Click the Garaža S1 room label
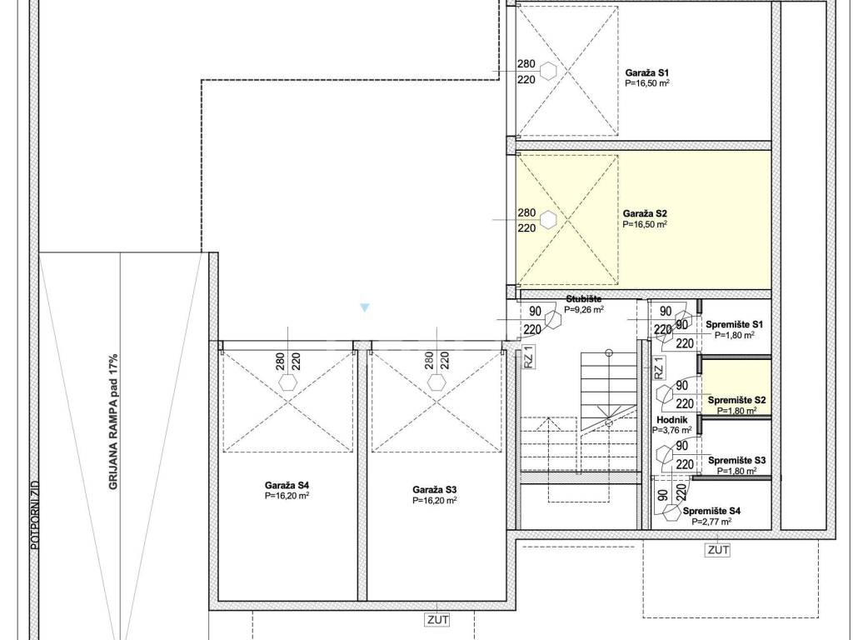[646, 72]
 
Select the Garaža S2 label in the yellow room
[645, 213]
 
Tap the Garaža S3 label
[434, 490]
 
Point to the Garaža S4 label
[287, 485]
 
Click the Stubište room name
[584, 299]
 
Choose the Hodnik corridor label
[672, 420]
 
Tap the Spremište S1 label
[735, 324]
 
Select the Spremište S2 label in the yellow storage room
[736, 400]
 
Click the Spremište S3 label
[736, 460]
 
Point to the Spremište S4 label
[711, 511]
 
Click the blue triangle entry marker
[365, 307]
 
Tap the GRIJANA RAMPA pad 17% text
[113, 422]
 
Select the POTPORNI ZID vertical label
[35, 514]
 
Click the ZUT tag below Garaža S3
[438, 619]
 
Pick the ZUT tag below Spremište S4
[718, 550]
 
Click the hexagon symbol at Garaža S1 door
[548, 71]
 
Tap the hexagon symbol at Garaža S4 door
[287, 382]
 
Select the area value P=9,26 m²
[584, 310]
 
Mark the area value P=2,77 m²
[711, 522]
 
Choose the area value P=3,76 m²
[672, 430]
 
